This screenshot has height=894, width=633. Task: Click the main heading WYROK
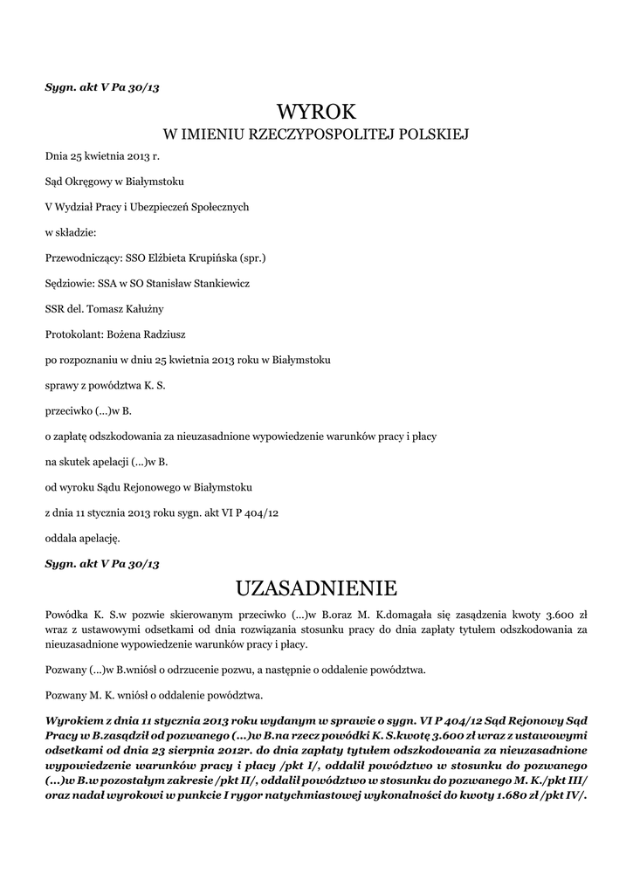[317, 111]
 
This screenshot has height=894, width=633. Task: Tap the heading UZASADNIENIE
[317, 586]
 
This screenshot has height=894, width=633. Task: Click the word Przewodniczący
[83, 258]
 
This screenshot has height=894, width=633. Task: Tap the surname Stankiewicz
[220, 283]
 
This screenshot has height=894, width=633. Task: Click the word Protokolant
[73, 334]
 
